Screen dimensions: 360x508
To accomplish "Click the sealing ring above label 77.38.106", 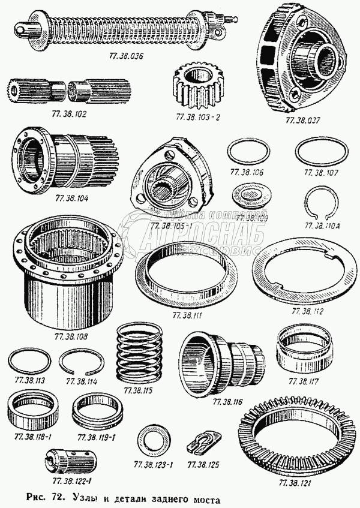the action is tap(250, 152).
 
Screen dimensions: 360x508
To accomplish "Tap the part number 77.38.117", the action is tap(305, 381).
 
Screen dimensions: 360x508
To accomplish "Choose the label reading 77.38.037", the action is tap(301, 120).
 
